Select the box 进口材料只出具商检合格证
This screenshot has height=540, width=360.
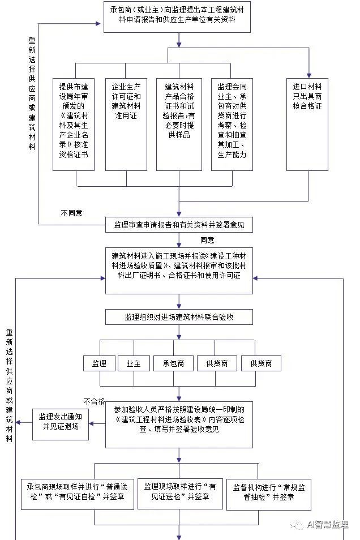(x=307, y=123)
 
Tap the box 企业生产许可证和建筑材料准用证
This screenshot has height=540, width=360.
(x=126, y=123)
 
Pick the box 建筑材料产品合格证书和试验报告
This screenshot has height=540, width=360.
(x=179, y=123)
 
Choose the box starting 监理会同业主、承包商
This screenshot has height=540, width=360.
(x=232, y=123)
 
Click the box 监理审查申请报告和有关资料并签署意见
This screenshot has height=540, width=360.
(x=179, y=225)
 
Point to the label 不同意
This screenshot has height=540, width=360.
(x=71, y=213)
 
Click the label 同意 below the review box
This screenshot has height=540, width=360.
(x=207, y=240)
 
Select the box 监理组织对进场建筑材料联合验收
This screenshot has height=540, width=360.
(x=179, y=317)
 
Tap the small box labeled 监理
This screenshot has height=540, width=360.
(x=99, y=363)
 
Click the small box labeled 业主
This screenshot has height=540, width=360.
(x=133, y=363)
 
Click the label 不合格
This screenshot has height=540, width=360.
(x=94, y=401)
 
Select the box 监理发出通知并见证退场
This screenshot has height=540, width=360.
(x=59, y=422)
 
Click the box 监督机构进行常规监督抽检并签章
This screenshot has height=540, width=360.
(x=269, y=492)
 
